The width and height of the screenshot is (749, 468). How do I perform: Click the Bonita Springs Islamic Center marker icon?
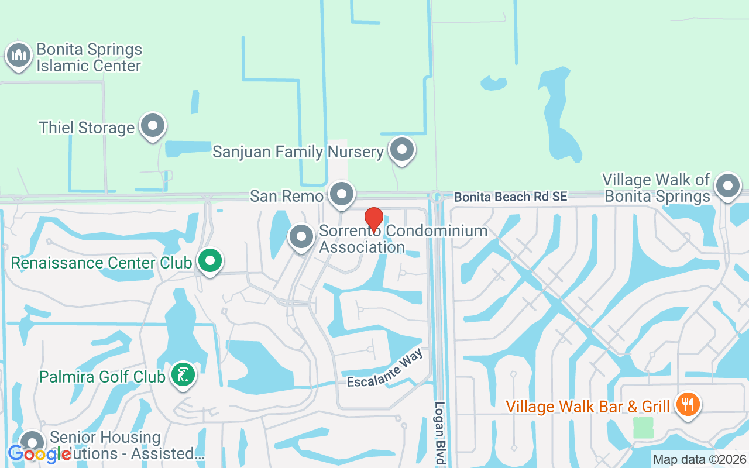point(19,56)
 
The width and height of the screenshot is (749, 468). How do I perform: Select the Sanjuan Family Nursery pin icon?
point(402,149)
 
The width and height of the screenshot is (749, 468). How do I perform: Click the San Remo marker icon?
point(342,194)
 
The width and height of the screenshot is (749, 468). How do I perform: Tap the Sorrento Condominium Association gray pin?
point(302,237)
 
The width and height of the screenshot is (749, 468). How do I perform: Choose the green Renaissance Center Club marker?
point(210,261)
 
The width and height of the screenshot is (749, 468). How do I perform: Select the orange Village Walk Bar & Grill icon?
point(688,405)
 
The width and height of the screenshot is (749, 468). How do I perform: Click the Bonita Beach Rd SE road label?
point(510,197)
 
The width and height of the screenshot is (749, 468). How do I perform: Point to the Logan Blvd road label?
point(440,433)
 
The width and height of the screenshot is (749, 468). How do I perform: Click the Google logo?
point(39,455)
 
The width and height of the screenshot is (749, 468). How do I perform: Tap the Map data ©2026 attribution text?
point(699,460)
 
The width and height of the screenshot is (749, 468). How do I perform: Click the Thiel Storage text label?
point(87,128)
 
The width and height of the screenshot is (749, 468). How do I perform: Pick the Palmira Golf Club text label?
point(102,376)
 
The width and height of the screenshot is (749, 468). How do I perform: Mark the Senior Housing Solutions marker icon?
point(32,443)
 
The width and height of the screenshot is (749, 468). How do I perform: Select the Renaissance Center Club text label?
point(101,263)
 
